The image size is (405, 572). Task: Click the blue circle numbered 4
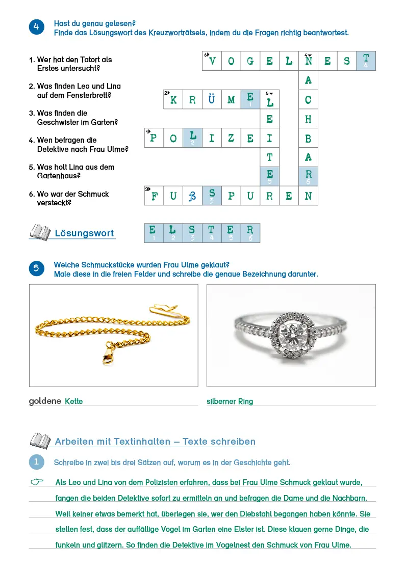pos(37,28)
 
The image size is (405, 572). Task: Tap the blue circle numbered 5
pos(37,269)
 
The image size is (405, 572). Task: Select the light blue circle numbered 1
pos(37,462)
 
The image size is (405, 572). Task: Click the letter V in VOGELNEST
pos(212,61)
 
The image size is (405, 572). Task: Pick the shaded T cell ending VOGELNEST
pos(366,61)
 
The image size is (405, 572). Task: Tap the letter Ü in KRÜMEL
pos(212,100)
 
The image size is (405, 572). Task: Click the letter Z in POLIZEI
pos(231,138)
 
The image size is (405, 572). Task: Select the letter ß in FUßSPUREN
pos(192,196)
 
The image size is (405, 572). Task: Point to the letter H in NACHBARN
pos(308,119)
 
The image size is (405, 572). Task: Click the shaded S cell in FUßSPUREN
pos(212,196)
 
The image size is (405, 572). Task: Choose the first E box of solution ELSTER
pos(154,232)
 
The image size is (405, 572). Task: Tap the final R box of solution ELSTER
pos(250,232)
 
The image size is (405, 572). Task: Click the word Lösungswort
pos(84,233)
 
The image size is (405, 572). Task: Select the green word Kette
pos(74,401)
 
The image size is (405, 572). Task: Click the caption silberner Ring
pos(230,401)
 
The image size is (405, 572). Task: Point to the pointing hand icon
pos(37,482)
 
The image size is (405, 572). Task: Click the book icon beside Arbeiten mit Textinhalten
pos(40,441)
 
